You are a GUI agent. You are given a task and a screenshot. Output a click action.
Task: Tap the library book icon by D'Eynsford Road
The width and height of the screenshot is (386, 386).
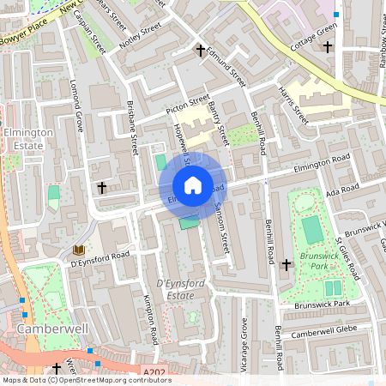(79, 250)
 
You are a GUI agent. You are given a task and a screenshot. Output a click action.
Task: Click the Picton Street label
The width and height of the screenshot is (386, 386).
(187, 106)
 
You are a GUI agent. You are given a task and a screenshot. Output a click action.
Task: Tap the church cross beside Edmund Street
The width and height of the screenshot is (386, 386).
(202, 51)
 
